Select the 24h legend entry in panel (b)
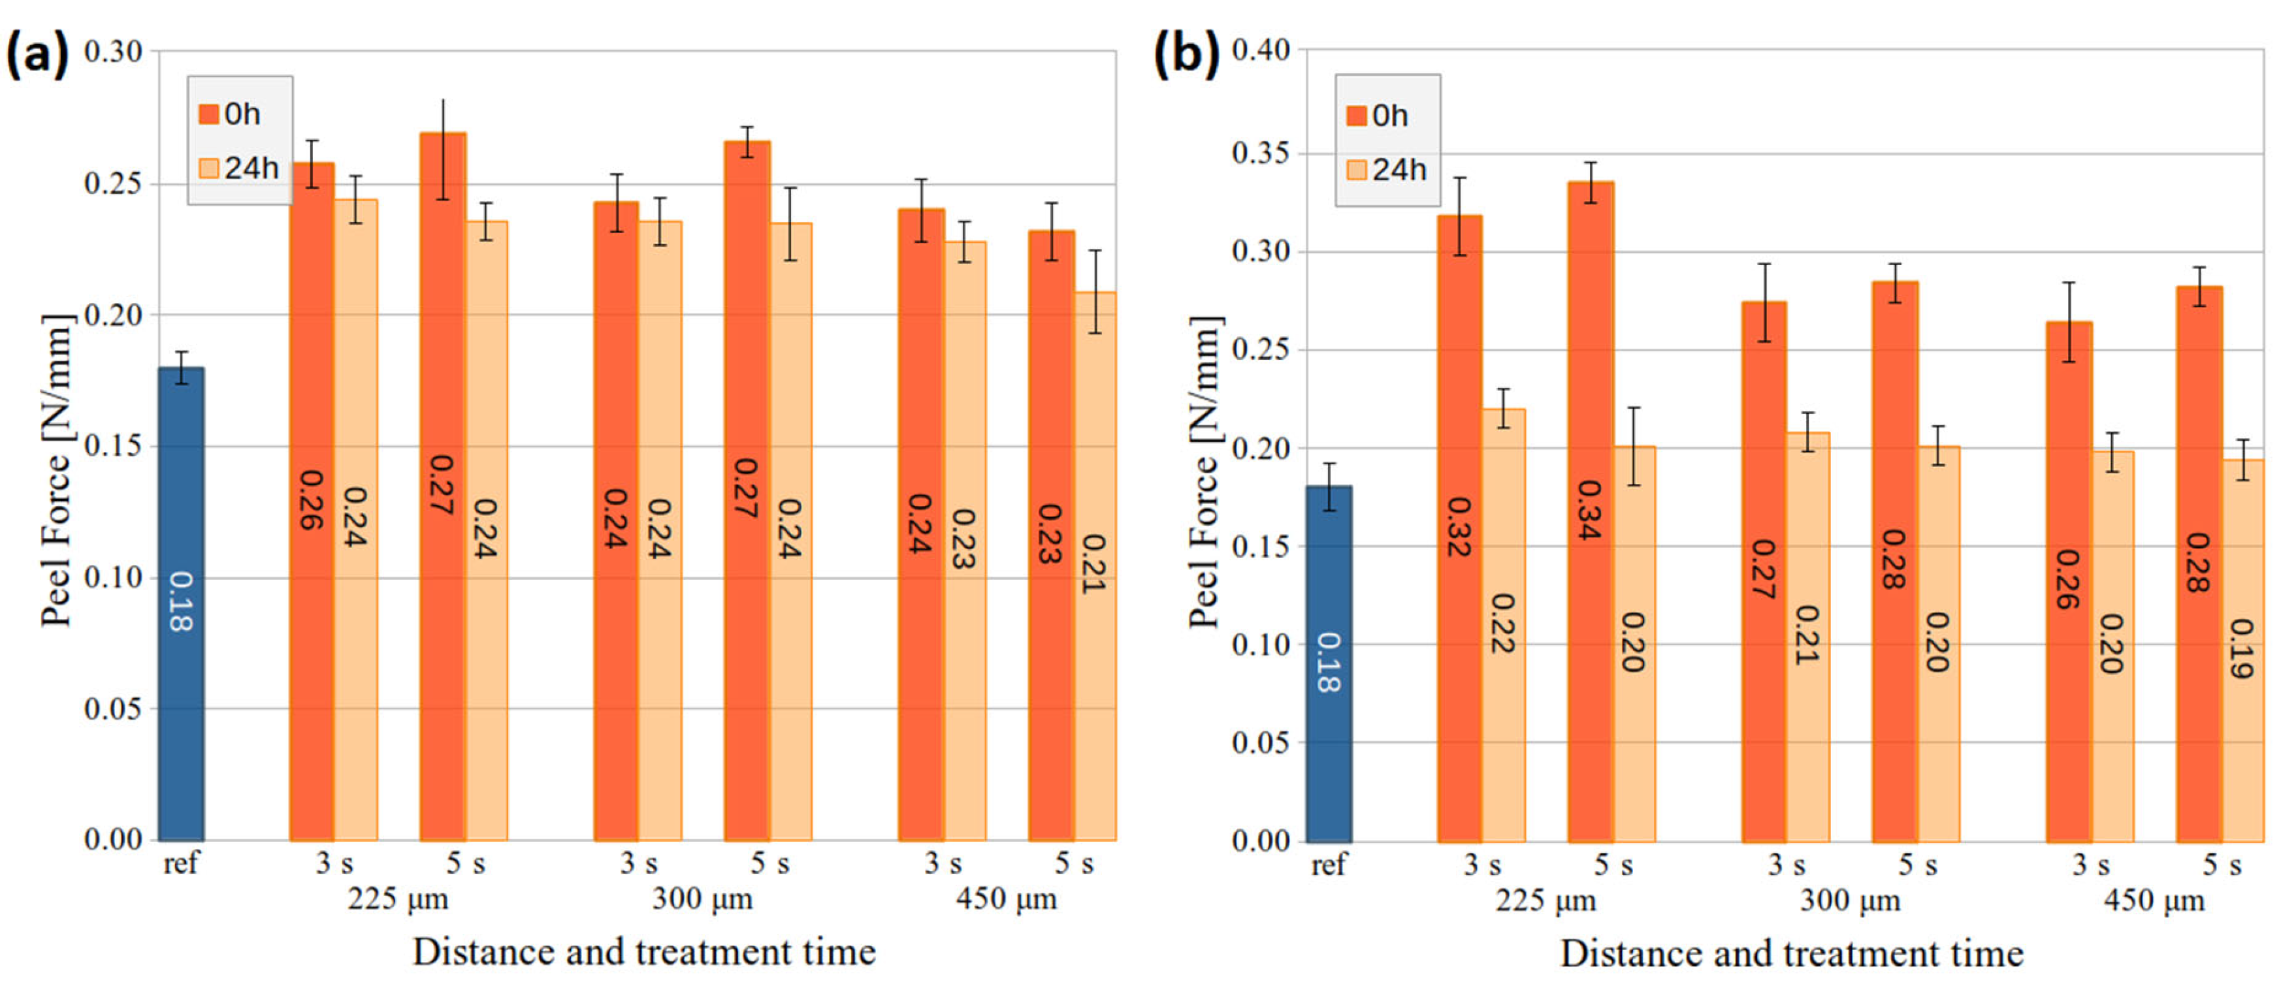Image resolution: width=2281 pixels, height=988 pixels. (x=1387, y=169)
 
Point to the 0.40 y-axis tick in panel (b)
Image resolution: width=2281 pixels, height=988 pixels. (x=1260, y=50)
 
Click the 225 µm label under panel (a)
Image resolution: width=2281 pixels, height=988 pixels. (x=398, y=899)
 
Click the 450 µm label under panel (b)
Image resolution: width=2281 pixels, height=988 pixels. (x=2154, y=901)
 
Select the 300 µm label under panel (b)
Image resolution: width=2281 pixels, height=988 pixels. (x=1850, y=901)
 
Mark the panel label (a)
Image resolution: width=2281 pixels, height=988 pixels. (x=37, y=55)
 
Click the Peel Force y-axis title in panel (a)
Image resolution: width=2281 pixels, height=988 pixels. (x=56, y=470)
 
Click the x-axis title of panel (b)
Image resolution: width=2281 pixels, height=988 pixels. (x=1790, y=954)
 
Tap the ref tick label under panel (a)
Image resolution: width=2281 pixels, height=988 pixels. (x=181, y=863)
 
